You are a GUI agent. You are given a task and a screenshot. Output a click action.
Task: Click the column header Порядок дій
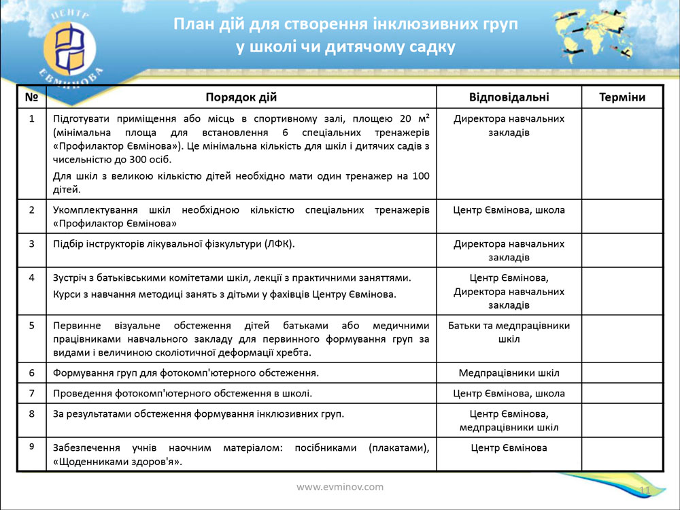click(241, 97)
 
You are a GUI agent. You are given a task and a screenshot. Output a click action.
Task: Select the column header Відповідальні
click(509, 97)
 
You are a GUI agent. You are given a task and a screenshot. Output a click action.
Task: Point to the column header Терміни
click(622, 97)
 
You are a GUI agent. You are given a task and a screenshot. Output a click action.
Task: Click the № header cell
click(31, 97)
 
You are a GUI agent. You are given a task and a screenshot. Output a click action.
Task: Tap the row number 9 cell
click(31, 447)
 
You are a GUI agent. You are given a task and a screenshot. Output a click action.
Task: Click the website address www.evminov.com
click(340, 487)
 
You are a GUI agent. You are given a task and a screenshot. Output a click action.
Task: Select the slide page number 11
click(645, 491)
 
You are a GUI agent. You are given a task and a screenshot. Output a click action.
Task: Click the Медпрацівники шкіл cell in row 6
click(509, 373)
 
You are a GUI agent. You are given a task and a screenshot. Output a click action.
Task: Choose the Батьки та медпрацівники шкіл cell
click(509, 332)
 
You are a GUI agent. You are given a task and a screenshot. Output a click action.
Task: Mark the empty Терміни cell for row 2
click(622, 216)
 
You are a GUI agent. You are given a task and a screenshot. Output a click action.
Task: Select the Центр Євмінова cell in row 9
click(509, 447)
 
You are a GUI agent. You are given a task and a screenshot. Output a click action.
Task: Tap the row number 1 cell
click(31, 119)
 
